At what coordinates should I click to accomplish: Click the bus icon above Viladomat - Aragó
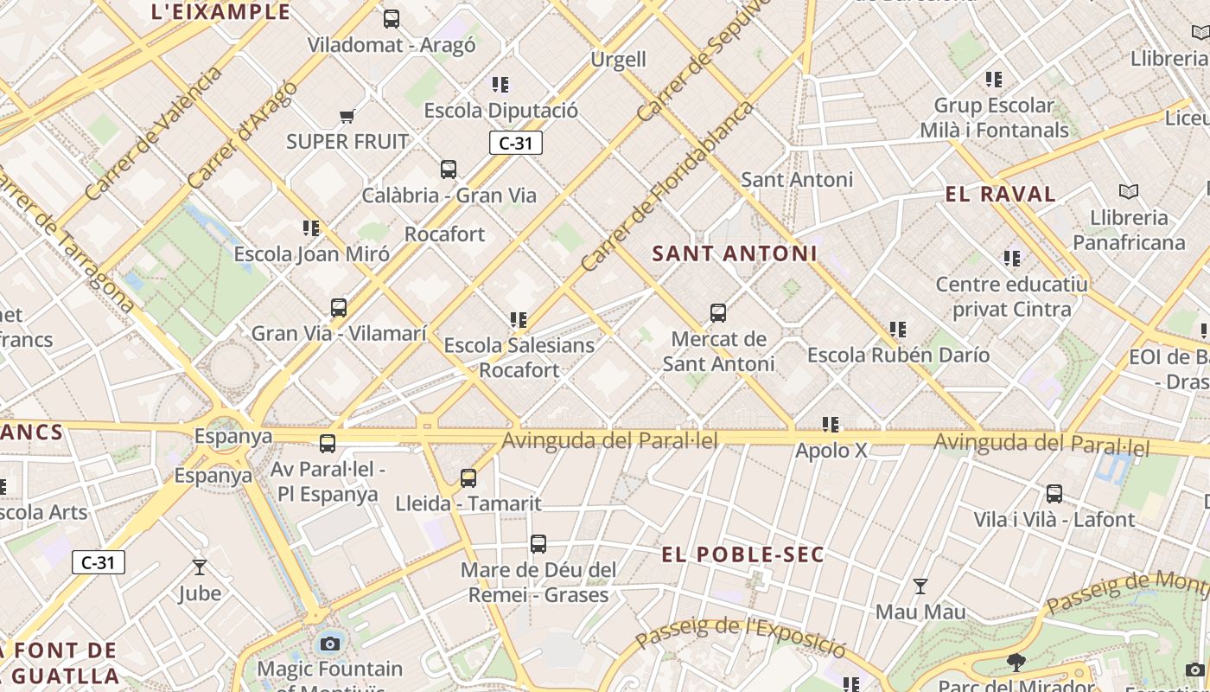[x=392, y=18]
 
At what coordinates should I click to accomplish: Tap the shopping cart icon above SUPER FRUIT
[x=347, y=116]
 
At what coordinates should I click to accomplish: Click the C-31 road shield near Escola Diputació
[x=516, y=143]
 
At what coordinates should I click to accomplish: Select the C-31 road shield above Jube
[x=99, y=562]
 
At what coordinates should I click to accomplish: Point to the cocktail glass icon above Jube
[x=200, y=567]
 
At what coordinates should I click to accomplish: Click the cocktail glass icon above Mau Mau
[x=920, y=586]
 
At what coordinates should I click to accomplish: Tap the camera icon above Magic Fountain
[x=329, y=643]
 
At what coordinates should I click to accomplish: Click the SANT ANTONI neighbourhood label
[x=734, y=253]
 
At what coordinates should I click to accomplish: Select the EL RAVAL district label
[x=1000, y=194]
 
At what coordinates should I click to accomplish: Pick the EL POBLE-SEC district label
[x=743, y=554]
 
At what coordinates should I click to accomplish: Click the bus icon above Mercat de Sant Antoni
[x=717, y=313]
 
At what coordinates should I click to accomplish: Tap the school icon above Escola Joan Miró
[x=311, y=228]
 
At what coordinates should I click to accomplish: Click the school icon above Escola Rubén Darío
[x=898, y=330]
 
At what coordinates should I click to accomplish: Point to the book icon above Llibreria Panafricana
[x=1128, y=191]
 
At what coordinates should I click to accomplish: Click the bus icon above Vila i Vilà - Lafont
[x=1054, y=494]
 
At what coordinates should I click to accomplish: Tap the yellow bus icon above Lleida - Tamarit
[x=468, y=477]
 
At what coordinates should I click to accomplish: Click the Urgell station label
[x=618, y=59]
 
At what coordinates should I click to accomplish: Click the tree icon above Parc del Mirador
[x=1016, y=663]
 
